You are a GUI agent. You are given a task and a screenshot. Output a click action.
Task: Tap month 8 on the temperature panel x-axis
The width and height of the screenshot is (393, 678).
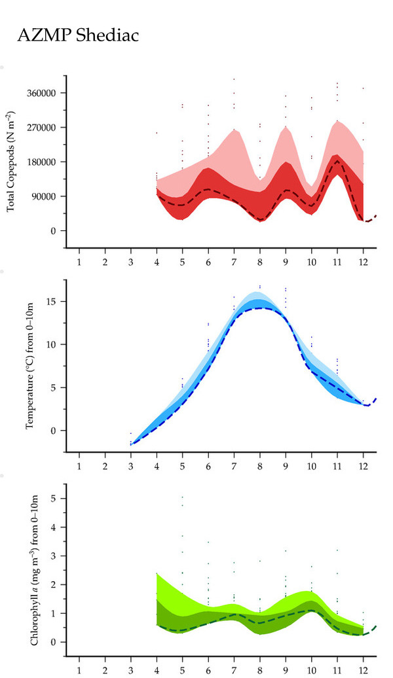coord(260,466)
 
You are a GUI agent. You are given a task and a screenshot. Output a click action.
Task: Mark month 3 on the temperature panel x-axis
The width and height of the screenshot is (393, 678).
coord(130,466)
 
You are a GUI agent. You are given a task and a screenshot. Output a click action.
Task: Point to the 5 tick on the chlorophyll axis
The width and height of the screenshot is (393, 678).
coord(56,499)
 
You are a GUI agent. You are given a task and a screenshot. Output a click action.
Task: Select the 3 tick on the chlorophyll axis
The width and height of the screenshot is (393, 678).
coord(56,556)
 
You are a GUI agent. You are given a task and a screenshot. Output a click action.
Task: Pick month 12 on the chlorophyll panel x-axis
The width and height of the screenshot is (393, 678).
coord(363,670)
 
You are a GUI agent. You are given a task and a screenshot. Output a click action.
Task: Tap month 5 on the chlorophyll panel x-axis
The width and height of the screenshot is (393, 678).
coord(182,670)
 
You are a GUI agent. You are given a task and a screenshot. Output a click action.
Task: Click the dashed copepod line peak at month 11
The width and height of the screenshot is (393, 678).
coord(337,160)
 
